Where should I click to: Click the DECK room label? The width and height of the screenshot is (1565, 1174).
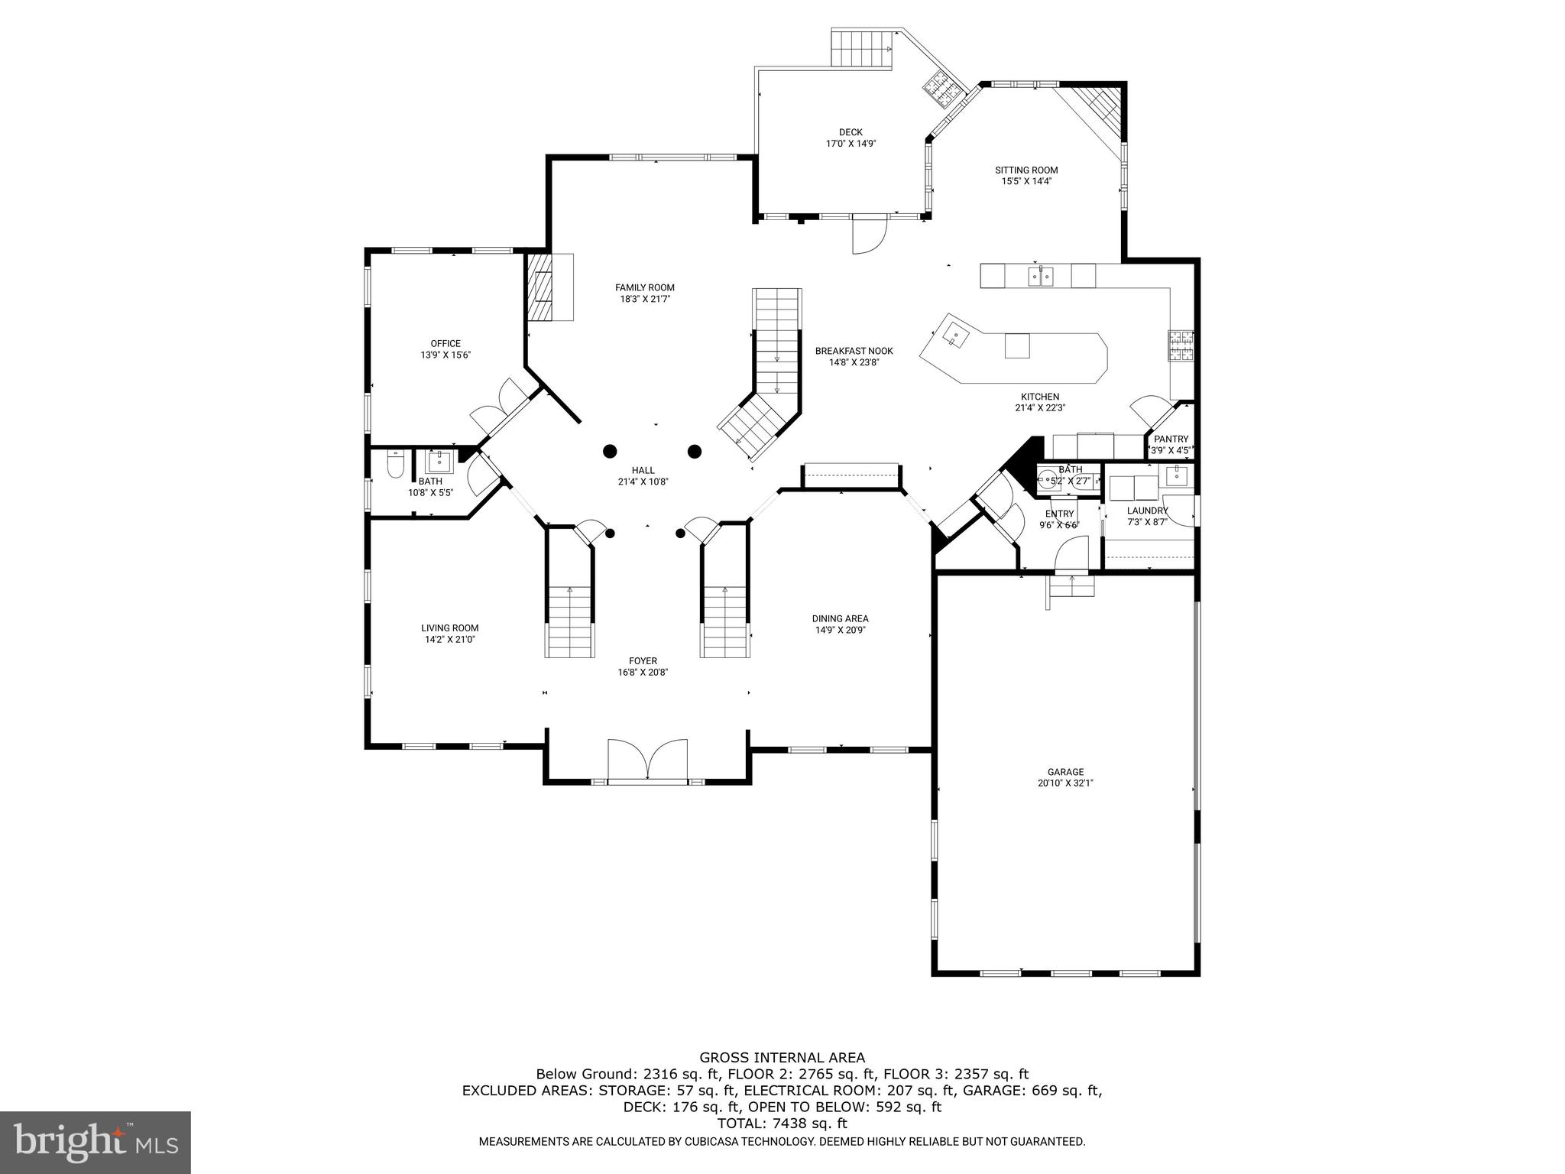[850, 132]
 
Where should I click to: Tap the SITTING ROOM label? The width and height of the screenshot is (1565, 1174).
[1026, 170]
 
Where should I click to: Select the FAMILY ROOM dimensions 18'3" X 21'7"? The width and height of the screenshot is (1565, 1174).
[645, 300]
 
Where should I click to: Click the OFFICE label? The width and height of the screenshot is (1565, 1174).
[446, 344]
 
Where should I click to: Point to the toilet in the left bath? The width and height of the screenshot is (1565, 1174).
[394, 465]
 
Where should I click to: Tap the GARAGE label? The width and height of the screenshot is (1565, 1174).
[1065, 772]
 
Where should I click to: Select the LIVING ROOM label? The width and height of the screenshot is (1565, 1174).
[449, 628]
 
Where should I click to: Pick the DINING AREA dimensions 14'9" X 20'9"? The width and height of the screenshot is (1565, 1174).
[840, 631]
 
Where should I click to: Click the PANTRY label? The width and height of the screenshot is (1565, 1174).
[1171, 439]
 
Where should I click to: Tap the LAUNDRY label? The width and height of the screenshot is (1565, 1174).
[1147, 511]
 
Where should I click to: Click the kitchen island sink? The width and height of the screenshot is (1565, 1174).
[954, 336]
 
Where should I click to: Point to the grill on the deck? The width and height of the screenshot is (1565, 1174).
[943, 91]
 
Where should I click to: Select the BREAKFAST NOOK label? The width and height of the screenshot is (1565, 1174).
[854, 351]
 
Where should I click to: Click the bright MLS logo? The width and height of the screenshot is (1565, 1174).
[96, 1143]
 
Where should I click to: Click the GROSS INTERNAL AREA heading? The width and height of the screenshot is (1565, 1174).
[782, 1058]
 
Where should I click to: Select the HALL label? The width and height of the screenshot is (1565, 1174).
[643, 471]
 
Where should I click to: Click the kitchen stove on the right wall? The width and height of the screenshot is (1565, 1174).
[1181, 345]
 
